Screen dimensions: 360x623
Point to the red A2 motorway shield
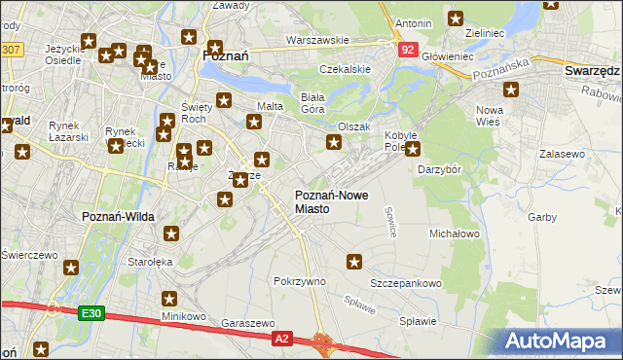281,338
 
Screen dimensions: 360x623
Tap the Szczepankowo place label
405,283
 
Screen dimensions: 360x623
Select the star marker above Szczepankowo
354,261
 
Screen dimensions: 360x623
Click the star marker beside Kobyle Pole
413,149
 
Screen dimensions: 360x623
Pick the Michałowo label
455,234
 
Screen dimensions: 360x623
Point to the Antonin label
414,21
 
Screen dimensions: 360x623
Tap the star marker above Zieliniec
456,18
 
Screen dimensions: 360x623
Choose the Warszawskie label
317,40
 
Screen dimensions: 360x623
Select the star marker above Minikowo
169,300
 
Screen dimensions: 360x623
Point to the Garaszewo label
248,323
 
